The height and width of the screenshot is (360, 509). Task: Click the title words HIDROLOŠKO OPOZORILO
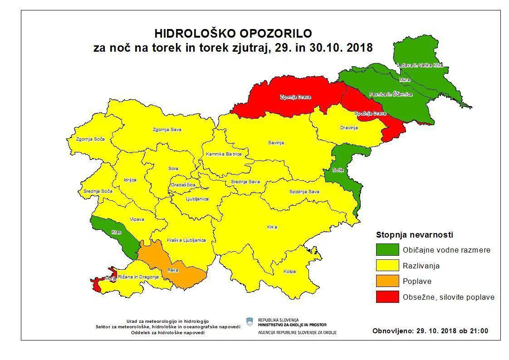click(233, 34)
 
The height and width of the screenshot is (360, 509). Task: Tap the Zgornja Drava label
click(295, 97)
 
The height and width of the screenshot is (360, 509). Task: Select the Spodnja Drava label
click(370, 113)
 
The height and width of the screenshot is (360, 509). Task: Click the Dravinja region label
click(349, 128)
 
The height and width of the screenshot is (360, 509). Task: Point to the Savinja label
click(276, 143)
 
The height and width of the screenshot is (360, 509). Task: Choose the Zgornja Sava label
click(167, 130)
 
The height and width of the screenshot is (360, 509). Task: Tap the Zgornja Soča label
click(90, 139)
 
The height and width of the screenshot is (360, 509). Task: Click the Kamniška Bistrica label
click(224, 154)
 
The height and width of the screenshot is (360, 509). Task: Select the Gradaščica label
click(183, 185)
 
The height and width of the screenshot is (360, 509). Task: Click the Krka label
click(272, 227)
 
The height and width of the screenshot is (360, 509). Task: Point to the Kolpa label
click(289, 272)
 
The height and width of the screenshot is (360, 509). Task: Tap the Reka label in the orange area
click(173, 270)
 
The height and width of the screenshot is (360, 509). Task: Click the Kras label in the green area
click(117, 232)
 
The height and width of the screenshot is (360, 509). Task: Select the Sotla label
click(337, 170)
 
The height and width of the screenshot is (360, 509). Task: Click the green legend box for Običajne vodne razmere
click(387, 250)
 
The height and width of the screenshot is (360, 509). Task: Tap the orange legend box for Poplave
click(387, 281)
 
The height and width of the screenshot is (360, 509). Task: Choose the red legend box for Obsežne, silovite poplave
click(387, 297)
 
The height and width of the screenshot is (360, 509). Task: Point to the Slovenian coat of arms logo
click(249, 322)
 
